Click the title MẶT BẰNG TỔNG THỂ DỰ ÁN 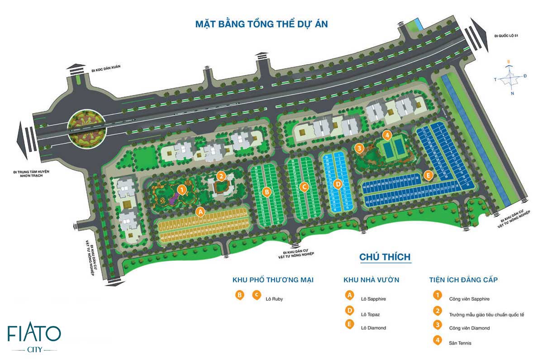click(x=262, y=24)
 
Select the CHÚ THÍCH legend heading click(x=385, y=257)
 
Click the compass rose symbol click(x=510, y=77)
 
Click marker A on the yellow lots click(x=200, y=211)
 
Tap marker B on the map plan click(x=267, y=192)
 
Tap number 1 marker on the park click(x=181, y=190)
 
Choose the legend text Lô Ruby click(x=275, y=299)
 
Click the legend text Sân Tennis click(x=460, y=343)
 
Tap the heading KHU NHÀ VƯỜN click(x=371, y=280)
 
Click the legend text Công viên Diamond click(x=469, y=328)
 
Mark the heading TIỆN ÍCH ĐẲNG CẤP click(x=463, y=280)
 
